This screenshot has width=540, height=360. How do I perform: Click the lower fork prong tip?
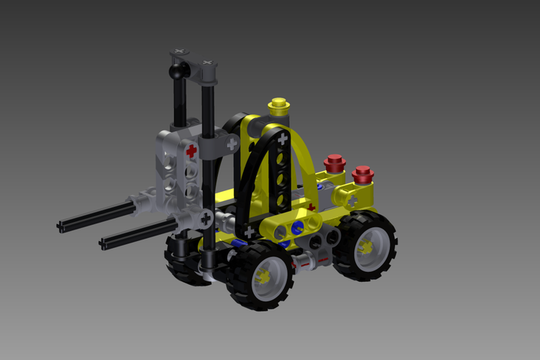[x=104, y=245]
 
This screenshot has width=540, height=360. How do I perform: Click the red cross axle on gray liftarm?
[x=191, y=151]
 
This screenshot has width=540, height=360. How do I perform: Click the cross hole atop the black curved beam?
[x=283, y=140]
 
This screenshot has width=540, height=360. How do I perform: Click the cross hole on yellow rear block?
[x=352, y=200]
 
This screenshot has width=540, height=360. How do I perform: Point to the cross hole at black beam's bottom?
[x=249, y=230]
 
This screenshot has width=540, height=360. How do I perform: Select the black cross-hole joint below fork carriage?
[x=206, y=219]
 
